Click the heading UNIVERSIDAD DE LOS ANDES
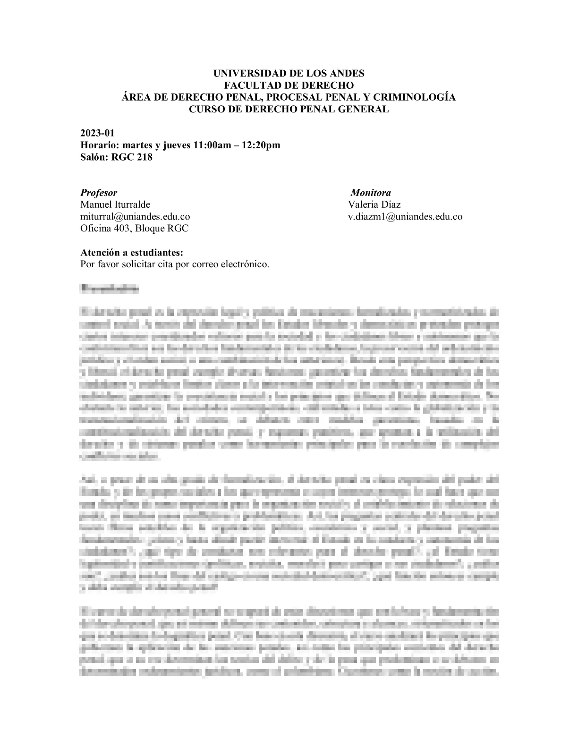tap(289, 74)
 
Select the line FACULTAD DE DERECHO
tap(289, 85)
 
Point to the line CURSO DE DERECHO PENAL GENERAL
tap(289, 109)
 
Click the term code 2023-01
tap(97, 133)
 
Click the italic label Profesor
tap(99, 193)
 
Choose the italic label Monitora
tap(371, 193)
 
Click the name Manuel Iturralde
tap(115, 204)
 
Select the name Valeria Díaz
tap(374, 204)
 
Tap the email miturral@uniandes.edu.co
tap(135, 217)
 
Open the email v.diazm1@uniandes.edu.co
tap(405, 217)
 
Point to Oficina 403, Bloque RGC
tap(134, 229)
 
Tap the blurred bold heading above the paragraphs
tap(110, 288)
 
